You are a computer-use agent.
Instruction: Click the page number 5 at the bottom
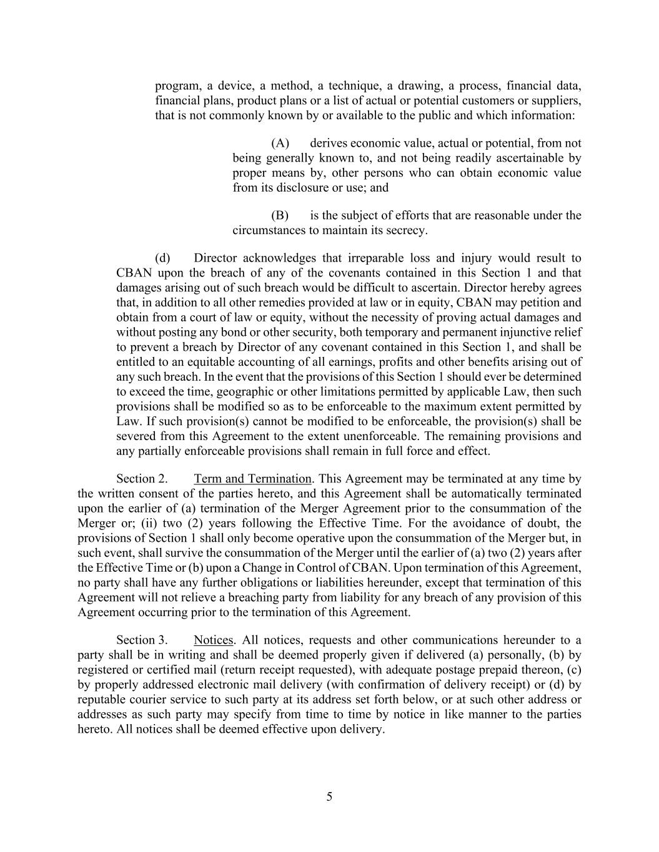[329, 797]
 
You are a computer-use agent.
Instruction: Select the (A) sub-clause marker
[280, 144]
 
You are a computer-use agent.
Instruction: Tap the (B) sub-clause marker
[280, 216]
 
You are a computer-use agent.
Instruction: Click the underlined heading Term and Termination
[252, 479]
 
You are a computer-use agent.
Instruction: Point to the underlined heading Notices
[214, 640]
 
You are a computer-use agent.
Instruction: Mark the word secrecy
[408, 231]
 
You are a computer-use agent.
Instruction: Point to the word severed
[136, 436]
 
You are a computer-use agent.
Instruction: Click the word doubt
[545, 524]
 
